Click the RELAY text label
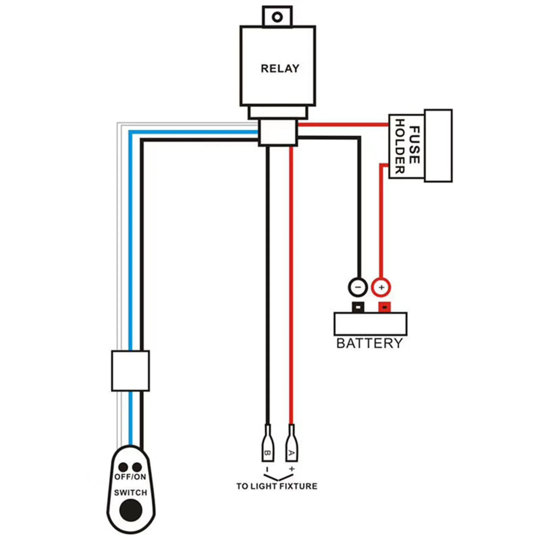click(x=280, y=68)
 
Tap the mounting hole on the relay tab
click(x=277, y=17)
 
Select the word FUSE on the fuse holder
click(x=415, y=145)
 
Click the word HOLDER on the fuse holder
click(x=399, y=146)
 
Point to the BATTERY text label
click(x=369, y=343)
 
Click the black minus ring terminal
click(x=358, y=287)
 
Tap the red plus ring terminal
click(x=381, y=287)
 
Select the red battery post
click(x=385, y=307)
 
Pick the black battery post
click(x=358, y=307)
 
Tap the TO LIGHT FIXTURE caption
click(x=277, y=486)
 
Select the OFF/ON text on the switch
click(x=130, y=477)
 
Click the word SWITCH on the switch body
click(x=131, y=492)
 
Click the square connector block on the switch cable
click(x=130, y=371)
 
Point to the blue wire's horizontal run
click(x=192, y=133)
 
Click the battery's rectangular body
click(x=370, y=324)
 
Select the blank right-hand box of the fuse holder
click(x=438, y=146)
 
